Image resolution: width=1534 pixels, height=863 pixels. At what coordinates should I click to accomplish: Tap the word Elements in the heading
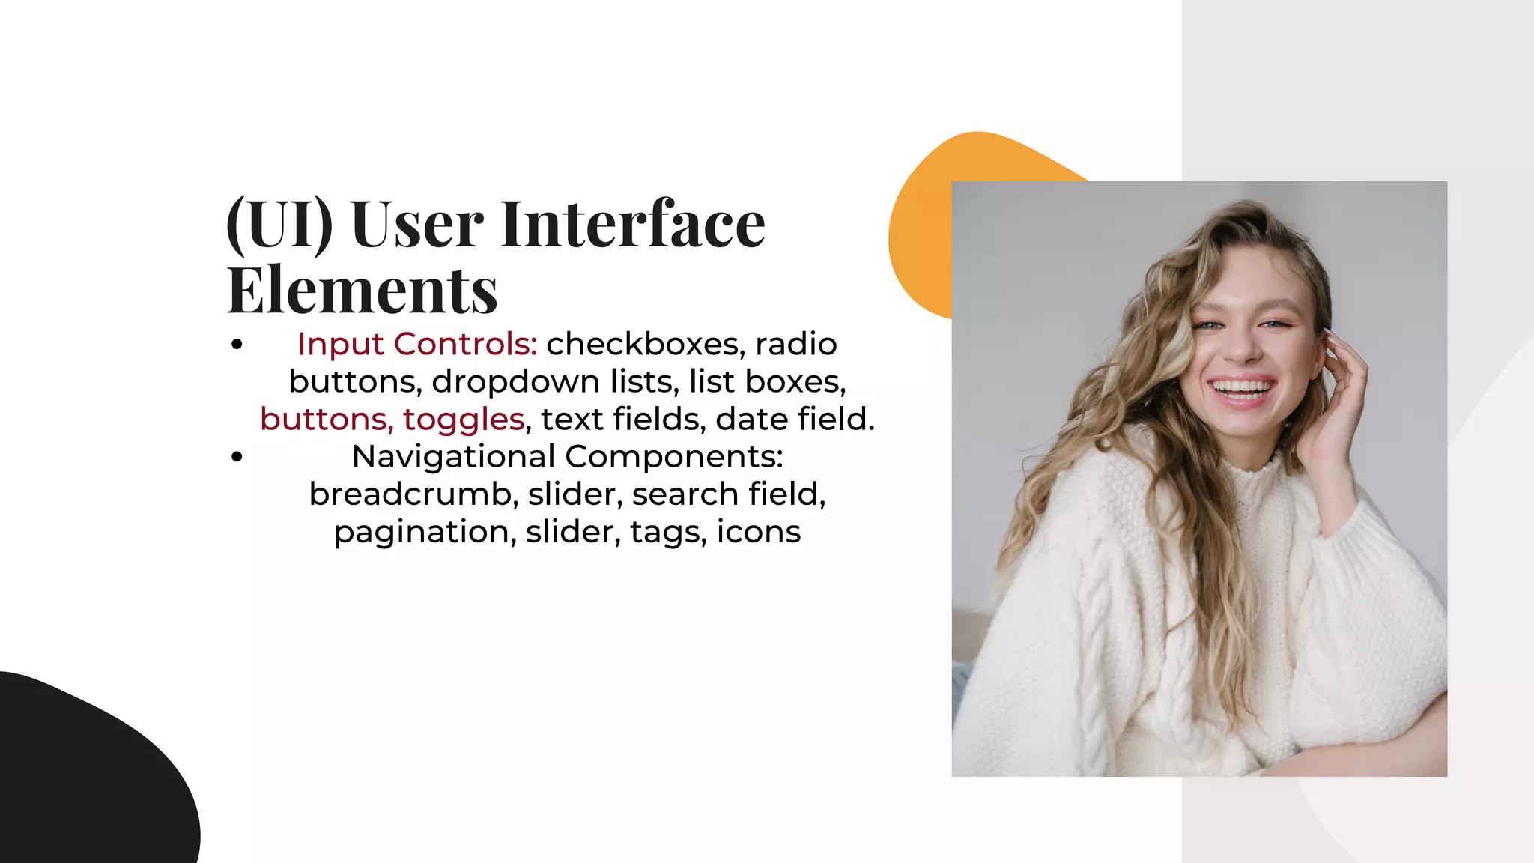(x=363, y=291)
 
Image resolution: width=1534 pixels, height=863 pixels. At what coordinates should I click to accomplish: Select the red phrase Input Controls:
(x=417, y=344)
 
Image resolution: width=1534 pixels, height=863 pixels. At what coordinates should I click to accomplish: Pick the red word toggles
(x=464, y=420)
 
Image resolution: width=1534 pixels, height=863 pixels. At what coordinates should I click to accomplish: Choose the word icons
(x=759, y=532)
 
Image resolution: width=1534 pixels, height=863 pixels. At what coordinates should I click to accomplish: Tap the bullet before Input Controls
(x=237, y=345)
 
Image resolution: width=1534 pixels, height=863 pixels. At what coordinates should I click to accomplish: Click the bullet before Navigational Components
(x=237, y=457)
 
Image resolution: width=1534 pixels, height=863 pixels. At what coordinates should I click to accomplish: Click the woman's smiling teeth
(x=1243, y=388)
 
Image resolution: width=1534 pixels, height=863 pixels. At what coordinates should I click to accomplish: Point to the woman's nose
(x=1241, y=346)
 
